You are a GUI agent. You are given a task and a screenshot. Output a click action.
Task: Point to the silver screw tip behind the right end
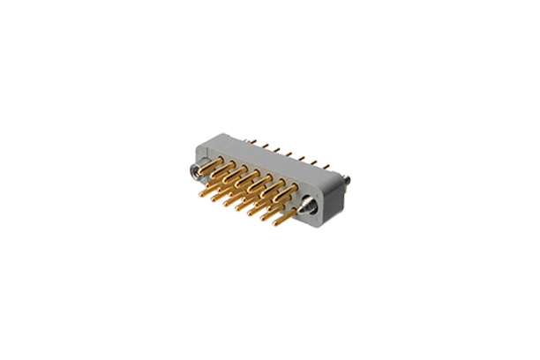click(x=349, y=184)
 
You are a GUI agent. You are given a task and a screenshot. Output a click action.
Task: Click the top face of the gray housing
click(x=265, y=155)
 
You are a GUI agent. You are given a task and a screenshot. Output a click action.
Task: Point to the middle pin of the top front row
click(x=251, y=177)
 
